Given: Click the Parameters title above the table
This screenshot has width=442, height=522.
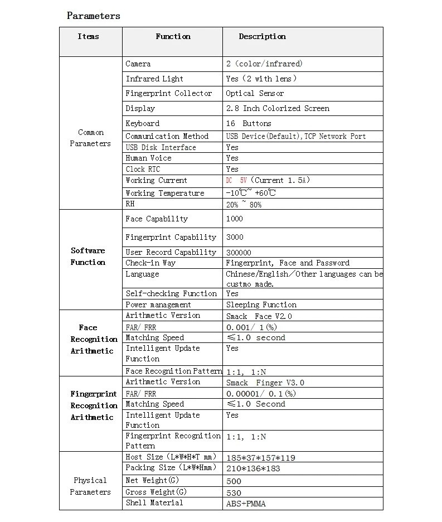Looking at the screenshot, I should (93, 16).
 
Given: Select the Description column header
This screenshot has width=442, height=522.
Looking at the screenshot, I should (262, 37).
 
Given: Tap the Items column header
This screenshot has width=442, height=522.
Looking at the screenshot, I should (88, 37).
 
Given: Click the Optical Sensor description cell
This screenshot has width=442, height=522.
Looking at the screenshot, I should (255, 94).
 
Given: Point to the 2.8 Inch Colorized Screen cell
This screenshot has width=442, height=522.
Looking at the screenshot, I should (278, 109).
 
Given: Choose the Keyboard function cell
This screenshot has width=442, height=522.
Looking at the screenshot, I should (143, 124).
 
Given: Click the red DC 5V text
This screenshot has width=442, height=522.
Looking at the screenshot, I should (236, 181).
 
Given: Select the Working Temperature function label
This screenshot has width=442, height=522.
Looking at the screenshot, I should (165, 194).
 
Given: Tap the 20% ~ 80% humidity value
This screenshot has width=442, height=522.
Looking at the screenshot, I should (244, 205).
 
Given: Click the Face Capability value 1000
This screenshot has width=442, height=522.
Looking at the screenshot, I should (235, 219).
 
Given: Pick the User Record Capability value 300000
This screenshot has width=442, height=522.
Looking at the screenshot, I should (239, 253).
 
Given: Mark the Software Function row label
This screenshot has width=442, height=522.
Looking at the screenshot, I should (88, 257).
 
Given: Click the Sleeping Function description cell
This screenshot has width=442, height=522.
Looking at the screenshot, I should (261, 305).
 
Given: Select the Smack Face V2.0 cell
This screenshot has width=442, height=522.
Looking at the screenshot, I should (259, 316).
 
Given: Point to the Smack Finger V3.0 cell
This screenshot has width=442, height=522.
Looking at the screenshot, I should (265, 383).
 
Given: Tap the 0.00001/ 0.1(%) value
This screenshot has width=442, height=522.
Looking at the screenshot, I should (261, 394).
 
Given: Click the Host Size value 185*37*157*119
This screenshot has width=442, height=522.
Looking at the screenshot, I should (261, 458).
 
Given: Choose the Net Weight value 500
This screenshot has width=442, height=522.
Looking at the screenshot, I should (234, 481).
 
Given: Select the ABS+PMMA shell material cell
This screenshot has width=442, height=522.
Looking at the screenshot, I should (246, 504).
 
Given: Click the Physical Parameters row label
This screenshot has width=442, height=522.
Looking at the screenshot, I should (90, 486).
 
